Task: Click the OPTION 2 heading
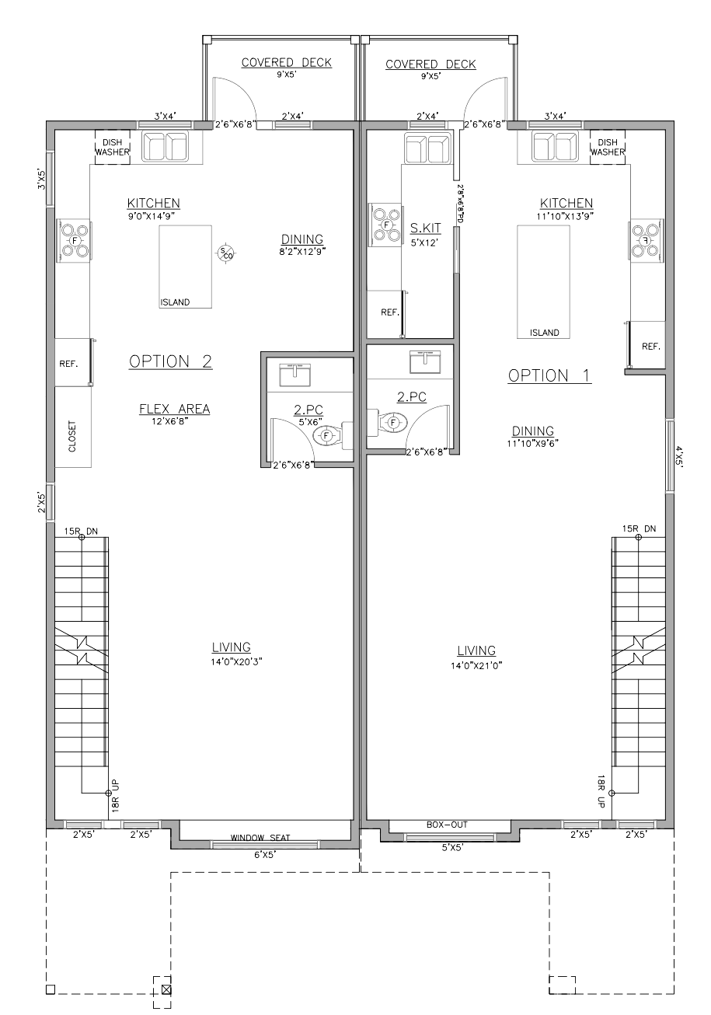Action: click(170, 361)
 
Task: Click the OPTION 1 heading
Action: click(549, 375)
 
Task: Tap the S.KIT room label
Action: click(426, 228)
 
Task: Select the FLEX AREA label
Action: click(175, 409)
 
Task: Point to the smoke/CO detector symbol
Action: click(225, 253)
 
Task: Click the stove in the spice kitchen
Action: click(385, 225)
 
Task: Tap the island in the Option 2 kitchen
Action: click(186, 267)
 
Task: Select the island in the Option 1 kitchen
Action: click(543, 282)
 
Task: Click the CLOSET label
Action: click(72, 436)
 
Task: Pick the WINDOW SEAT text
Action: click(260, 838)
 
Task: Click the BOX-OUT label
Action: click(447, 825)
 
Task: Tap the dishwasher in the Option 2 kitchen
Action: click(113, 147)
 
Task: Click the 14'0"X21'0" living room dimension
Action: click(476, 665)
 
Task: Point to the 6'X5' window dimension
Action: click(265, 855)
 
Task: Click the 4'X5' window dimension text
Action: click(680, 456)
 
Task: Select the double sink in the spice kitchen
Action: click(428, 148)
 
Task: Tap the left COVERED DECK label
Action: click(287, 62)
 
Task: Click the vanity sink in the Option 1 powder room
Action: click(425, 361)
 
